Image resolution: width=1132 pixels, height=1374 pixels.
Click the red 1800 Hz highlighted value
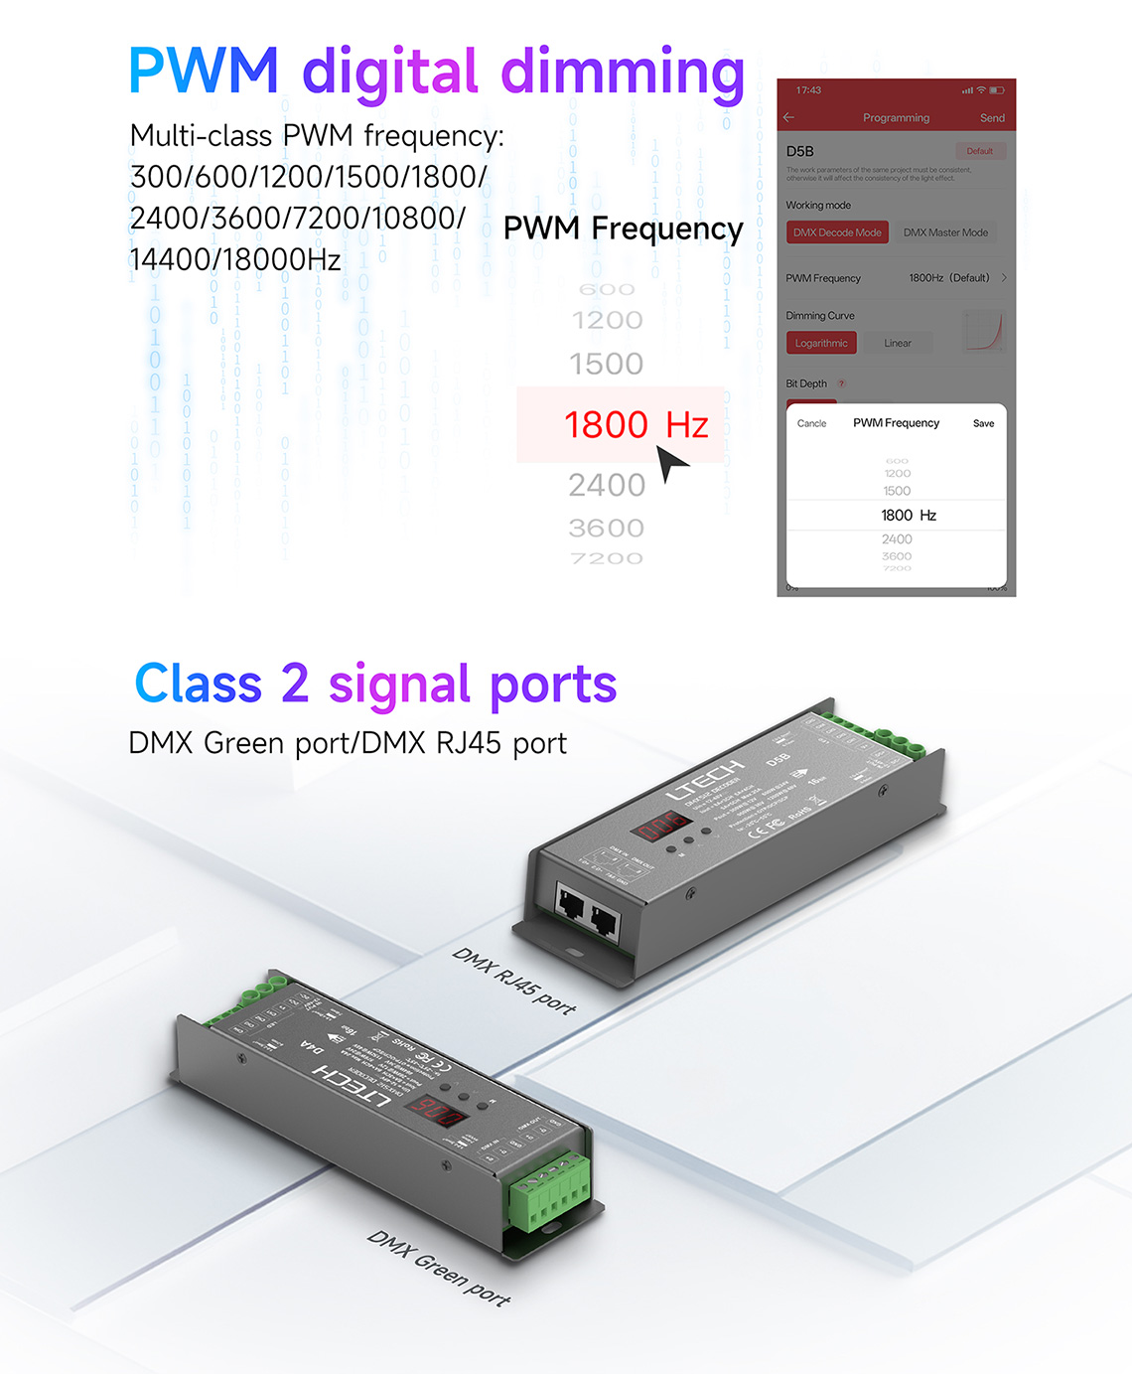636,425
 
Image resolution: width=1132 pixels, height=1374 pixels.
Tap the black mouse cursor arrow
671,462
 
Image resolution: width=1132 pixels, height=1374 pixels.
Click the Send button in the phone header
991,118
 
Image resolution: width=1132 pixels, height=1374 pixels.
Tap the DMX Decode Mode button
837,232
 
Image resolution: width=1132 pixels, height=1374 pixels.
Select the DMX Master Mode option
945,232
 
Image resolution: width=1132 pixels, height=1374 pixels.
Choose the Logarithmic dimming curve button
821,344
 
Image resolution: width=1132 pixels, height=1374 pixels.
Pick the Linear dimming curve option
898,344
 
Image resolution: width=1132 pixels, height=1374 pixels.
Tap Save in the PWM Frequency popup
983,423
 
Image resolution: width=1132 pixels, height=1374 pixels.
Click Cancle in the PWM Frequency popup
811,423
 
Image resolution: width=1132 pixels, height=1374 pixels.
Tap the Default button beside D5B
980,151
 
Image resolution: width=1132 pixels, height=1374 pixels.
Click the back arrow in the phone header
789,118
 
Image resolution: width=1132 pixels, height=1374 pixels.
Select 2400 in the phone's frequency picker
897,539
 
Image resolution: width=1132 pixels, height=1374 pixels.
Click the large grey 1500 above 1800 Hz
606,364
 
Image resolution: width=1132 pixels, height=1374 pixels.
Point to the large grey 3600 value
606,529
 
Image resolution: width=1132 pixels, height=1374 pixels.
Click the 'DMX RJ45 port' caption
513,982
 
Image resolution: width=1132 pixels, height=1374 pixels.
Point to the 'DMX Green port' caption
438,1268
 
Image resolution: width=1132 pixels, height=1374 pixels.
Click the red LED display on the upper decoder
662,825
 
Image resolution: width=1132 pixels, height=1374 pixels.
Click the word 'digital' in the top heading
390,74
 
